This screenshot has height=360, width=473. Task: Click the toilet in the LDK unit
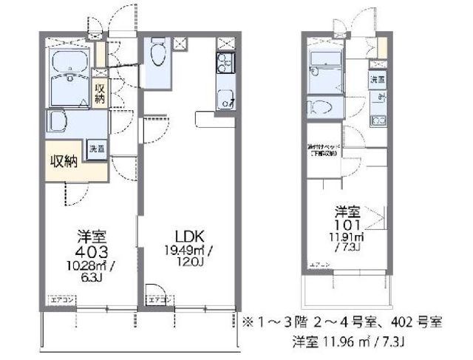[157, 55]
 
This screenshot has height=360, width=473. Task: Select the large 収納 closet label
[66, 163]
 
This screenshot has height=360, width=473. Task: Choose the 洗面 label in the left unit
[98, 147]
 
